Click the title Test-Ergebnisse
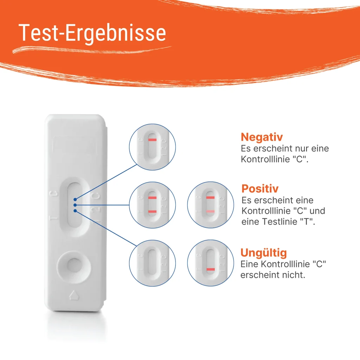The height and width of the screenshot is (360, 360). (x=92, y=33)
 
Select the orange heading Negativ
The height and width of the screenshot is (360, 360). (x=262, y=137)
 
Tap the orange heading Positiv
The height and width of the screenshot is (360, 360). (x=260, y=188)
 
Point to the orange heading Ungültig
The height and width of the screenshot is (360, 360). (x=263, y=252)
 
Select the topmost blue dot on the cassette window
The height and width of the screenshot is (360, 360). (x=75, y=199)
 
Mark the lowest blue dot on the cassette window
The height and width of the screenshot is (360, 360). (x=75, y=211)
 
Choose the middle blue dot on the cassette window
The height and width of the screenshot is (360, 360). (x=75, y=205)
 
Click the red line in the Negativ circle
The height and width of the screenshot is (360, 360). (x=152, y=140)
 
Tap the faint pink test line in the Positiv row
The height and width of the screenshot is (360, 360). (x=210, y=211)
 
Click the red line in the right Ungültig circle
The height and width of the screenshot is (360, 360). (x=210, y=269)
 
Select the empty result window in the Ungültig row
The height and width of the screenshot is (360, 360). (x=152, y=263)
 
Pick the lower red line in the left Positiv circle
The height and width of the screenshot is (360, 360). (x=152, y=211)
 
